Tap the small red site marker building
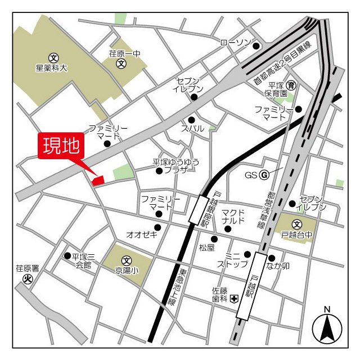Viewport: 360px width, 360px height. click(98, 181)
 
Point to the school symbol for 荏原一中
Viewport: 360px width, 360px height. click(121, 64)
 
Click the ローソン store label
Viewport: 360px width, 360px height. click(235, 43)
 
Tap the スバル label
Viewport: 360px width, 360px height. click(192, 129)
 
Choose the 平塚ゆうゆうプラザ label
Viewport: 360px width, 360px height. click(176, 165)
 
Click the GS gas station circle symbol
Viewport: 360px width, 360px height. click(262, 175)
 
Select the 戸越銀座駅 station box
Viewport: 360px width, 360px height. click(199, 209)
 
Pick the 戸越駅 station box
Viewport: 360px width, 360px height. click(252, 286)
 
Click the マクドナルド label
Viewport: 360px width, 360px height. click(233, 217)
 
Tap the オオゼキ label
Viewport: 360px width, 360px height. click(142, 235)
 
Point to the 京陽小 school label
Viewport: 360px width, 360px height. click(127, 269)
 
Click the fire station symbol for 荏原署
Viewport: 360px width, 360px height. click(26, 279)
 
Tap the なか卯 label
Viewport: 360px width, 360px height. click(278, 266)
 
